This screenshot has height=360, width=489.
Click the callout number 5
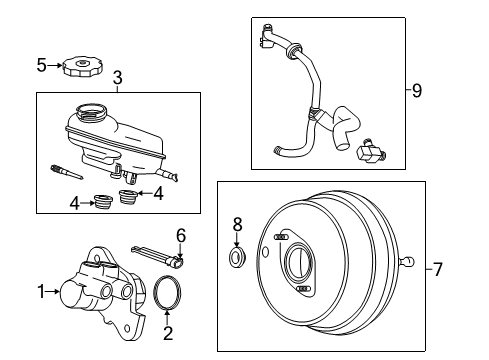41,65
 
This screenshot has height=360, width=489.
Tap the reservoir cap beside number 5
82,66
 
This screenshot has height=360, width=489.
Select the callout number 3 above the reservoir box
118,78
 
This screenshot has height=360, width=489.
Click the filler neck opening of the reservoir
91,110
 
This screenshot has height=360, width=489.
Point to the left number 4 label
75,203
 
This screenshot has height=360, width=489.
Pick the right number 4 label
158,193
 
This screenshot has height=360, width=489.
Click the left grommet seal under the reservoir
102,201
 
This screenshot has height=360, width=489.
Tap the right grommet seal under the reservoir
129,197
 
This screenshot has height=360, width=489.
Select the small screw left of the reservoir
67,172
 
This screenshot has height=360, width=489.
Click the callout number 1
41,292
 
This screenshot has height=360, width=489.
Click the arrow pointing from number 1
53,292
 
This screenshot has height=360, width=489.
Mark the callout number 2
168,333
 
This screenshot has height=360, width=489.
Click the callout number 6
181,236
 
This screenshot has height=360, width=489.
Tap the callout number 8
237,225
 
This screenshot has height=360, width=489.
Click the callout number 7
437,269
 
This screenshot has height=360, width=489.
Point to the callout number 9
417,90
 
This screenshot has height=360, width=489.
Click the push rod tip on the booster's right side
409,261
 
